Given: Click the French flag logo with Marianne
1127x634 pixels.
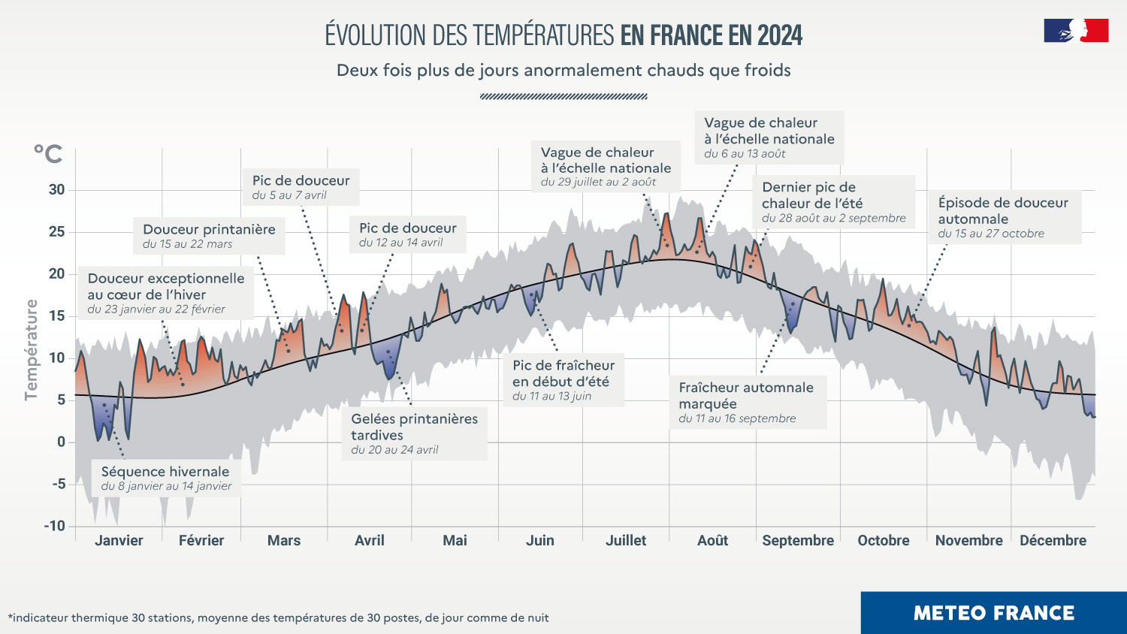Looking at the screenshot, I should coord(1076,31).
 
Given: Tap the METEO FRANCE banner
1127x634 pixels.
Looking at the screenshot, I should coord(993,613).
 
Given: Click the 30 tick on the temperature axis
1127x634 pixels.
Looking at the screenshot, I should coord(56,189).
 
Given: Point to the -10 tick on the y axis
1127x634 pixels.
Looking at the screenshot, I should coord(54,526).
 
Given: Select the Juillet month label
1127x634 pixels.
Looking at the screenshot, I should coord(626,540).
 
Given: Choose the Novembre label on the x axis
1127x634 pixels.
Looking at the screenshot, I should coord(968,540).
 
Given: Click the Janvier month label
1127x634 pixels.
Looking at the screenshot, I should coord(119,540).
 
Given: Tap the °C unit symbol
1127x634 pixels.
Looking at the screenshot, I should coord(48,154).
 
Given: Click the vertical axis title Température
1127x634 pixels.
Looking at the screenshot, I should coord(31,350).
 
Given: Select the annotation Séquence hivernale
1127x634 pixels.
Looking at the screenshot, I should coord(166,478).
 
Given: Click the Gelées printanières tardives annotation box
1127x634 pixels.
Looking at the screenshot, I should coord(414,433).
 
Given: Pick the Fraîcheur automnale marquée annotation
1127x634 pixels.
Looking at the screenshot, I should coord(747,402).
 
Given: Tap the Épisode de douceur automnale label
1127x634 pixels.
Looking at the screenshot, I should coord(1004,217).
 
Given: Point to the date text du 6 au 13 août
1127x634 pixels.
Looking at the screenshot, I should coord(745,154).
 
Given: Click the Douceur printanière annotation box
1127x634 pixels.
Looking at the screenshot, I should coord(209,235).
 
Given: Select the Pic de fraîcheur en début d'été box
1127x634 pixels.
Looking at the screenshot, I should coord(563,379).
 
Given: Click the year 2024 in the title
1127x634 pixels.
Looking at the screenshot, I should coord(779,35).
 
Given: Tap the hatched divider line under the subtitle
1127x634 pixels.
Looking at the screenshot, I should coord(563,96).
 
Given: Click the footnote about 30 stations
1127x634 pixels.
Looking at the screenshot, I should coord(278,617).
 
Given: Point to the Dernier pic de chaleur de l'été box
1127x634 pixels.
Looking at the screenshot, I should coord(833,201).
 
